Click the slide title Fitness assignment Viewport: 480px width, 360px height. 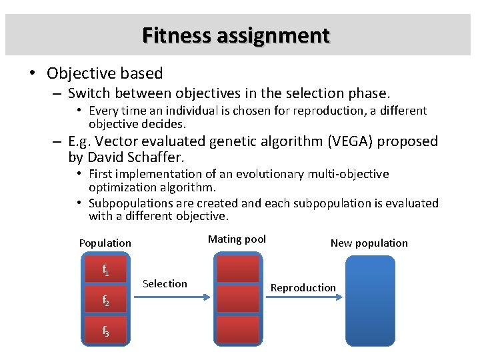[235, 35]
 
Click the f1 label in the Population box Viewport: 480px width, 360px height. [105, 270]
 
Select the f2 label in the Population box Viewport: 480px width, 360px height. [105, 301]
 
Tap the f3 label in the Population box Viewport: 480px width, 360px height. [105, 330]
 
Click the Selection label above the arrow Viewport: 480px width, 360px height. [165, 284]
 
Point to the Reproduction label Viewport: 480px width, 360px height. [303, 287]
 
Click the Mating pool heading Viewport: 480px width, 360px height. [237, 239]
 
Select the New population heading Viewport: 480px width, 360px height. [369, 243]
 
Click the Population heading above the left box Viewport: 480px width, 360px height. [105, 243]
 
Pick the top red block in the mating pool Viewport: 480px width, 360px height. [237, 269]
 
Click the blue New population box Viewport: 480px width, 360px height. [370, 300]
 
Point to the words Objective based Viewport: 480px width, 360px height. [105, 73]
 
